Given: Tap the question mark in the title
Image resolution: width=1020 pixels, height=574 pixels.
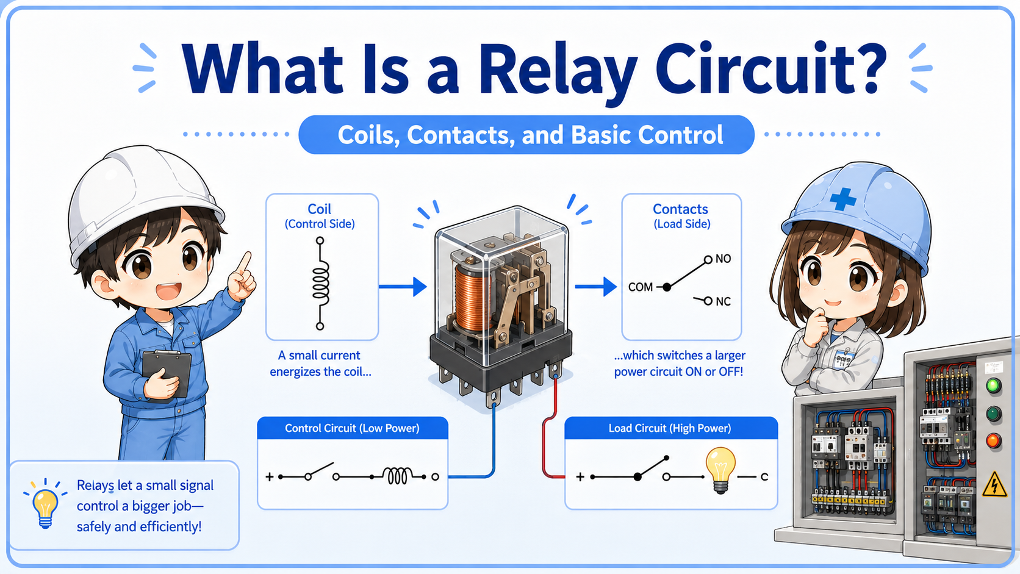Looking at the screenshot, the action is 862,68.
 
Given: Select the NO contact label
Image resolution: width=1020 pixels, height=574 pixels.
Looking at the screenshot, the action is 723,259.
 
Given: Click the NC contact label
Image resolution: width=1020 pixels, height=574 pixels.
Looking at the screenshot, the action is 723,301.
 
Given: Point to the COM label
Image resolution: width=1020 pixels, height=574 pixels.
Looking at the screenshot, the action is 640,287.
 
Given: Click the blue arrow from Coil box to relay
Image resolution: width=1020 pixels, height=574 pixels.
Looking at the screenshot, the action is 403,286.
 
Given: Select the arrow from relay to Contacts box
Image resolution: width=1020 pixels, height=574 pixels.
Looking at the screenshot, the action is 595,286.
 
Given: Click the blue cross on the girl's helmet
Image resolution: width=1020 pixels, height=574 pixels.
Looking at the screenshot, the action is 842,199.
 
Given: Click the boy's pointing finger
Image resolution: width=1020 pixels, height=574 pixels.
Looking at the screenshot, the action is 245,263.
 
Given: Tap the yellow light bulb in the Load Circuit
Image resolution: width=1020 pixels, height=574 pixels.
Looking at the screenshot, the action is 720,470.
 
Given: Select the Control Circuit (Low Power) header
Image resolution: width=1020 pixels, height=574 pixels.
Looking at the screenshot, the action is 353,428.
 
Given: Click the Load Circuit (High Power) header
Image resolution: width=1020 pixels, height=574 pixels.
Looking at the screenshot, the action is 670,428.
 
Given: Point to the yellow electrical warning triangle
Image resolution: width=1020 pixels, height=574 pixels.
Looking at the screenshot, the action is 994,484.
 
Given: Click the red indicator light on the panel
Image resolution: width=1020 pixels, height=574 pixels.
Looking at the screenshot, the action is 993,440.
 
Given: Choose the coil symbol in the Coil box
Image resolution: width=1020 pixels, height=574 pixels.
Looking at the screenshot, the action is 320,283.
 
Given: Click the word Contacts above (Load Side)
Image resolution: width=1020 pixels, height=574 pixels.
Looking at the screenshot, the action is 680,209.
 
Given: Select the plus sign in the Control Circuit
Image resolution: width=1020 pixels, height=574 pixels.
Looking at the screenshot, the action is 270,476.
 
